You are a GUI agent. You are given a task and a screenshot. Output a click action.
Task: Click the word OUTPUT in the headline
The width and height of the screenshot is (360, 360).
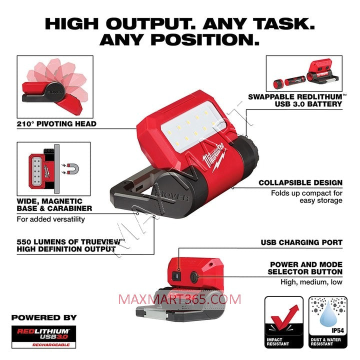click(151, 24)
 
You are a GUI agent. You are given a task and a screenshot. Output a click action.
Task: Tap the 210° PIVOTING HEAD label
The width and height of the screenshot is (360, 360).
click(56, 124)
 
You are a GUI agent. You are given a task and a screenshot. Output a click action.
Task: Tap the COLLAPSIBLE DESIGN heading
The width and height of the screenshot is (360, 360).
click(300, 183)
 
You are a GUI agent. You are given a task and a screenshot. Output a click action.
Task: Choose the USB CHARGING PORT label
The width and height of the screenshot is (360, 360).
click(301, 242)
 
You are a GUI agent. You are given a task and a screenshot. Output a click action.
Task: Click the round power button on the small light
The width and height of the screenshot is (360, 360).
click(194, 276)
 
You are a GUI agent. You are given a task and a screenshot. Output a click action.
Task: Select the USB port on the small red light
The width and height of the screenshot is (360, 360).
click(176, 276)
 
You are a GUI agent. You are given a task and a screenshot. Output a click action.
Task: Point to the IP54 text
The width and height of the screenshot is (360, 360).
click(337, 331)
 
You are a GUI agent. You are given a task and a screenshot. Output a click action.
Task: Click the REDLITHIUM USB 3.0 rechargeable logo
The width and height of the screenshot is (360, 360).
click(43, 337)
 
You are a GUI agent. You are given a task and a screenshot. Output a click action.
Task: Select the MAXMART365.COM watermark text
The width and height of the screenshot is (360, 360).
click(180, 299)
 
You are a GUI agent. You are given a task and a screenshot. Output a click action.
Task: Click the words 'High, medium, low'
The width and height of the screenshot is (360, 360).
click(311, 282)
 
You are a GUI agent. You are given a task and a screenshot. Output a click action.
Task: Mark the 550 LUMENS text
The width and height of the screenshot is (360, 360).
click(43, 242)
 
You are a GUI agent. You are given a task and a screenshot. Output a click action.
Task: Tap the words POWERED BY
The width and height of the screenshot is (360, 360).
click(44, 318)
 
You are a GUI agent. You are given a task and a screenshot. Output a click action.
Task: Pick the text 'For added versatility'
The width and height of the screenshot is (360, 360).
click(50, 219)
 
